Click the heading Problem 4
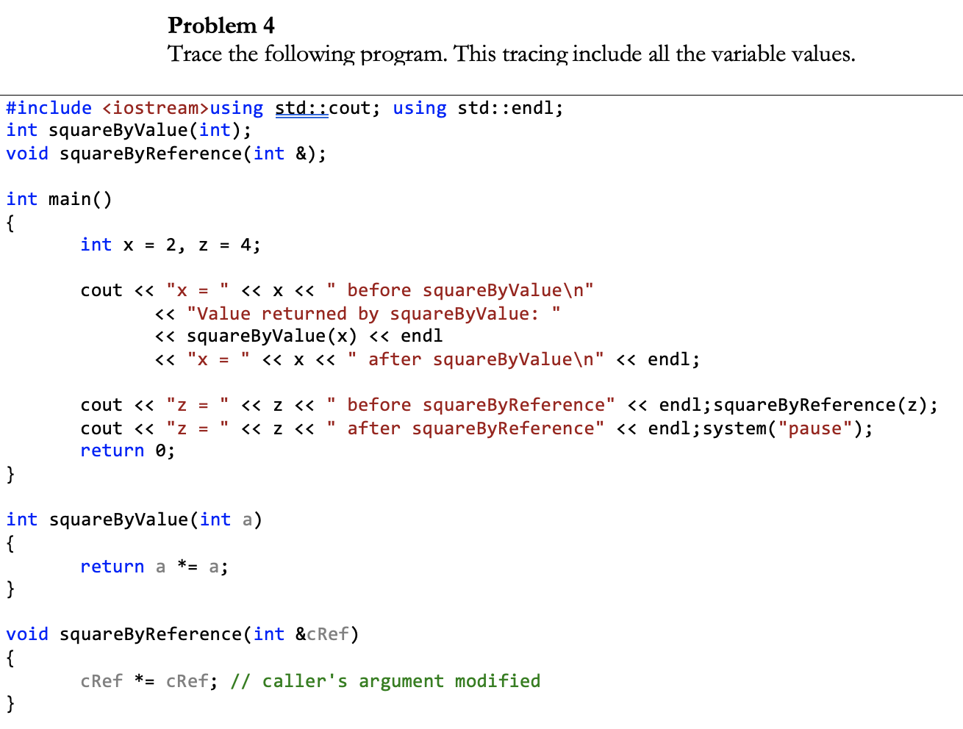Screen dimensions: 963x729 (x=221, y=26)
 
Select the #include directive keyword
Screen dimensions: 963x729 (x=49, y=108)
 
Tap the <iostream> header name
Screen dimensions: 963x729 (x=156, y=108)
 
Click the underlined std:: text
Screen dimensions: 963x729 (x=301, y=108)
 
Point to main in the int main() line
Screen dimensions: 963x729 (x=70, y=199)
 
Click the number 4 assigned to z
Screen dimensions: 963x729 (x=246, y=245)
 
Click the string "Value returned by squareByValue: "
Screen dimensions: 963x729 (x=373, y=314)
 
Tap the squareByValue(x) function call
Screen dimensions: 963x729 (x=271, y=337)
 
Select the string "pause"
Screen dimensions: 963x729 (x=815, y=428)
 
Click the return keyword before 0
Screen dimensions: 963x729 (x=112, y=450)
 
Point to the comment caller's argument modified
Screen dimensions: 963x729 (x=401, y=681)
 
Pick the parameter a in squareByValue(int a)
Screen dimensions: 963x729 (x=247, y=520)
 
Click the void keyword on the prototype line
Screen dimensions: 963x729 (x=27, y=154)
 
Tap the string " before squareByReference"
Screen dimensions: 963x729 (x=470, y=405)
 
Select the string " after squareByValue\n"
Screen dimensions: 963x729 (x=476, y=359)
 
